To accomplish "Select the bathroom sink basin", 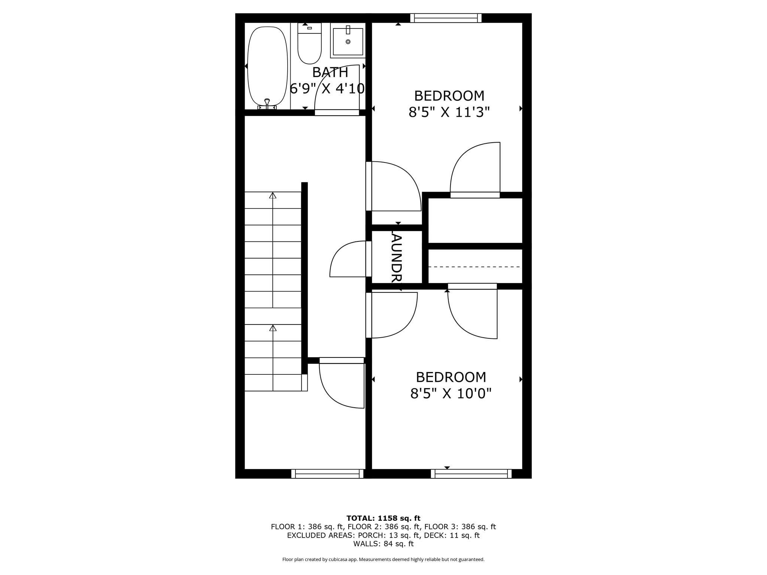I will coord(348,42).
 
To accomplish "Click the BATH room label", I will coord(330,72).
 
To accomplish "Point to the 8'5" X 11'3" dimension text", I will coord(449,112).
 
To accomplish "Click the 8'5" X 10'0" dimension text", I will coord(451,393).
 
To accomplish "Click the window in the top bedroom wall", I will coord(446,18).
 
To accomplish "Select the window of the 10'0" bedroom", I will coord(471,474).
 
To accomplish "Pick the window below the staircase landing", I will coord(327,474).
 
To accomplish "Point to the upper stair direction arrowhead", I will coord(273,195).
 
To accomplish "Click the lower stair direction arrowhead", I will coord(273,328).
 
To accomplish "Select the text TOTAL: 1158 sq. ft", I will coord(383,518).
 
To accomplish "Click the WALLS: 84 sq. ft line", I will coord(383,544).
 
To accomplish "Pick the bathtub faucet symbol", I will coord(267,103).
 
